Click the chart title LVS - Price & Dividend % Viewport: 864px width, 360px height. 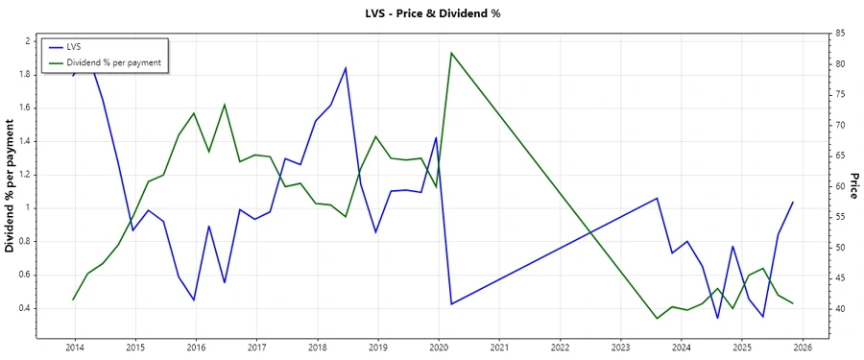pyautogui.click(x=432, y=13)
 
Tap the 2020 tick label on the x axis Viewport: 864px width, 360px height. pyautogui.click(x=439, y=348)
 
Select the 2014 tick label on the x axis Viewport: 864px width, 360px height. pyautogui.click(x=74, y=348)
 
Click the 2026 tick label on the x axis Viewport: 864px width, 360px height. pyautogui.click(x=803, y=348)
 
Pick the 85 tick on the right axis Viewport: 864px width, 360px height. pyautogui.click(x=839, y=34)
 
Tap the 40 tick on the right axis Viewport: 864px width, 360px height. pyautogui.click(x=839, y=308)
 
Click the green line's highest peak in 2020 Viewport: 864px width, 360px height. pyautogui.click(x=451, y=53)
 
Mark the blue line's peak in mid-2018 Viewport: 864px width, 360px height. pyautogui.click(x=346, y=67)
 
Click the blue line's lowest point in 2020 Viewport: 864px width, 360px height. pyautogui.click(x=451, y=304)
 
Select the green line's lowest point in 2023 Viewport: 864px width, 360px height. pyautogui.click(x=657, y=318)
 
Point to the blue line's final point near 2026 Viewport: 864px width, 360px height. pyautogui.click(x=793, y=202)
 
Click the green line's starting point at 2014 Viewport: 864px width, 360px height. pyautogui.click(x=74, y=300)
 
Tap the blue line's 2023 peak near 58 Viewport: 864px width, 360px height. pyautogui.click(x=657, y=198)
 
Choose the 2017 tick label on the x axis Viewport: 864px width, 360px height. pyautogui.click(x=256, y=348)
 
